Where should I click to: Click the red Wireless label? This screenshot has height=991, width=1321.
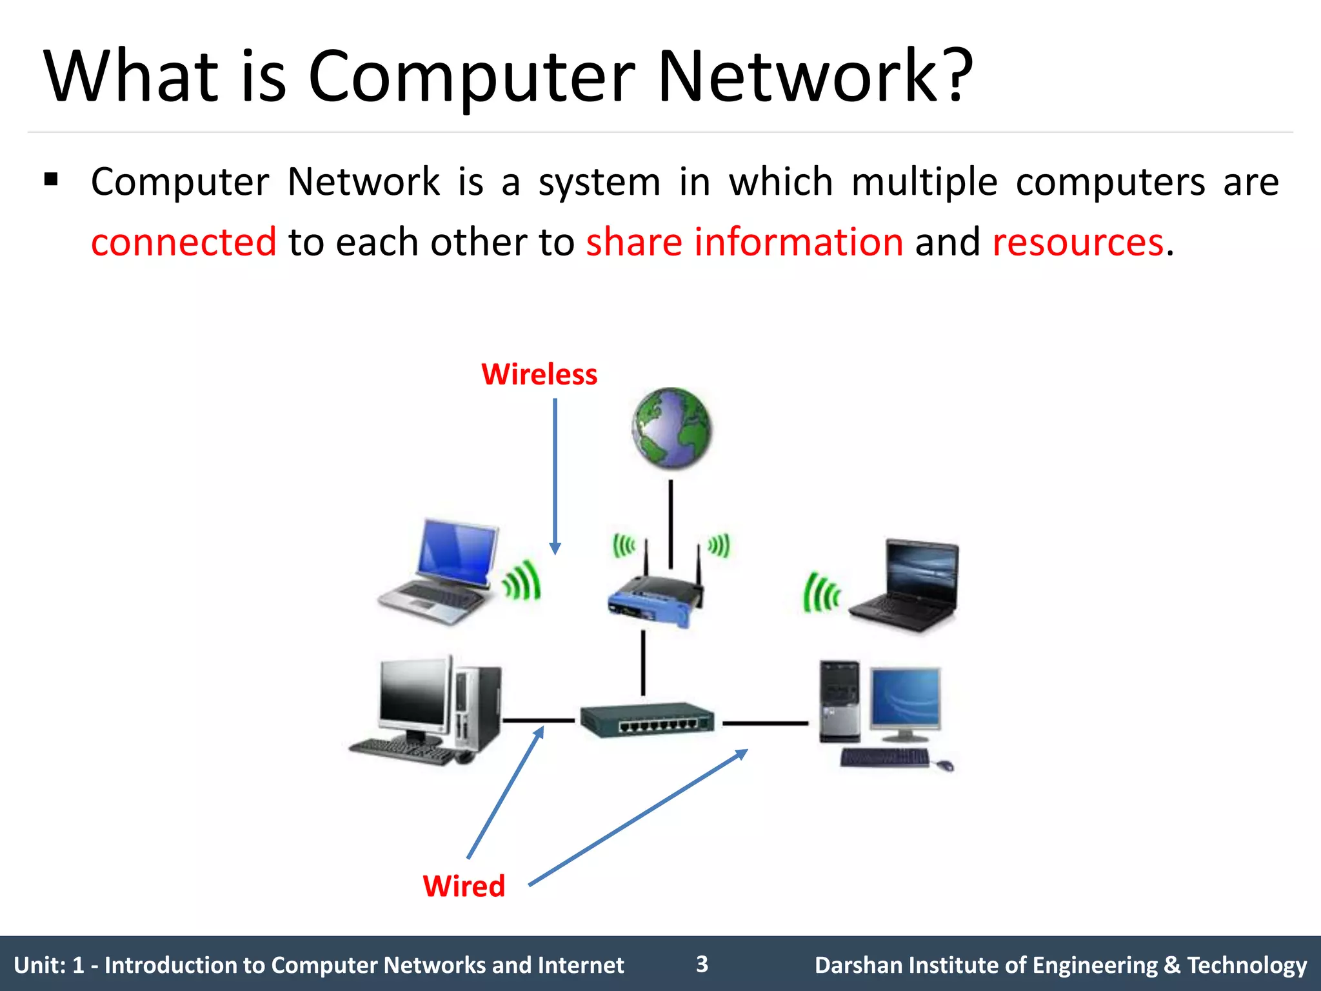click(x=539, y=374)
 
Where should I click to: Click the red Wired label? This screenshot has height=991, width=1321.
click(x=464, y=886)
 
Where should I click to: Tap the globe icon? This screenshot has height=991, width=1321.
click(x=671, y=427)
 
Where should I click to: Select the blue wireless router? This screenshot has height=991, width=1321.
click(x=655, y=600)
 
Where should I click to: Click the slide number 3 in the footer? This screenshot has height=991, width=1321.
click(x=702, y=964)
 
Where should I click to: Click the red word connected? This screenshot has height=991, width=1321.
click(x=184, y=243)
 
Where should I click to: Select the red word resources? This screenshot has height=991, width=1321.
click(x=1078, y=243)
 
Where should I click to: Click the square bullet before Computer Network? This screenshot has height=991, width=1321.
click(x=52, y=179)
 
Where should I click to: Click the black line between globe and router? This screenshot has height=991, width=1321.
click(x=671, y=523)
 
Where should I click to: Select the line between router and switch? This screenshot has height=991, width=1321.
click(x=643, y=663)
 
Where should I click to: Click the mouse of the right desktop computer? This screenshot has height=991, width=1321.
click(x=946, y=765)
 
